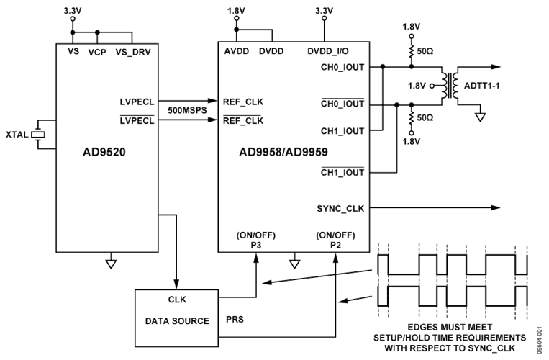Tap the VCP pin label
coord(97,52)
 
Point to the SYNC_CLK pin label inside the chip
coord(341,209)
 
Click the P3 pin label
coord(255,245)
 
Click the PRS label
coord(235,318)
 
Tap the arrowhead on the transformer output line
coord(496,66)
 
